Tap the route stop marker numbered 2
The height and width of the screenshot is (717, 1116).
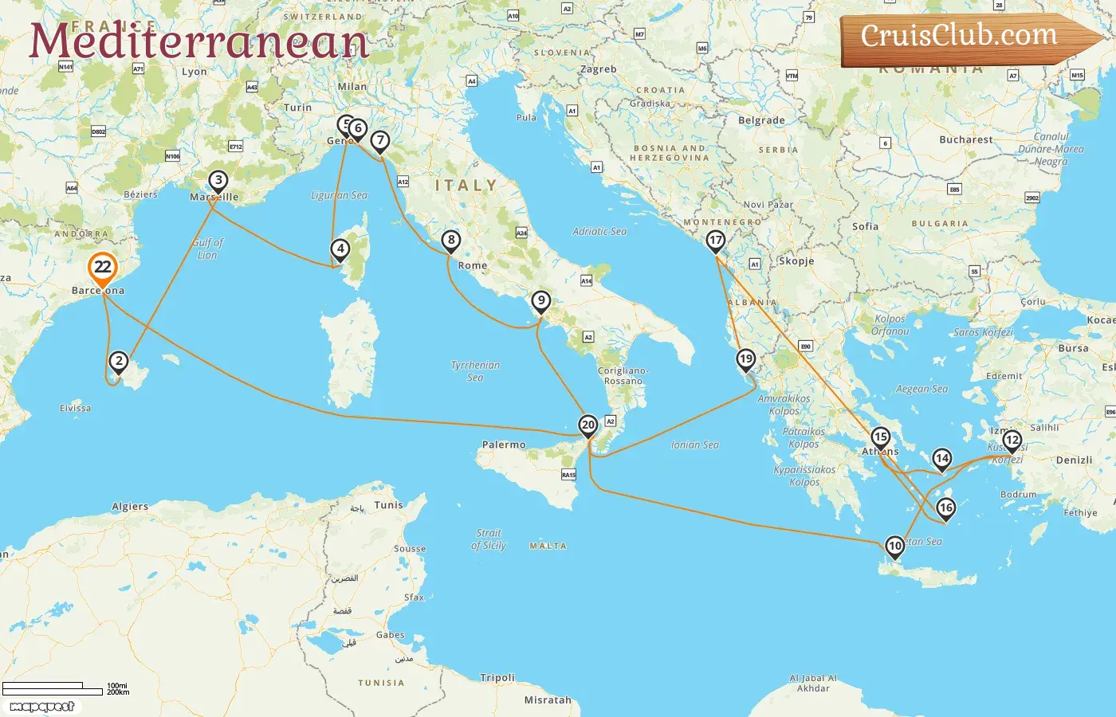(119, 362)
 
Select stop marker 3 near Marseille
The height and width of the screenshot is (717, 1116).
(218, 181)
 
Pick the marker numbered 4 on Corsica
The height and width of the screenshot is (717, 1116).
(340, 249)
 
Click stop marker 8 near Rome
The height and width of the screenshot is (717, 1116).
(451, 240)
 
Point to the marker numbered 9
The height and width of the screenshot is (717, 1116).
(541, 301)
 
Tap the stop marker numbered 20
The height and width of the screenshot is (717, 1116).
(588, 425)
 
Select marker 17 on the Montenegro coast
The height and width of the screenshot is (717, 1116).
(716, 241)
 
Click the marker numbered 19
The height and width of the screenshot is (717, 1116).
(745, 359)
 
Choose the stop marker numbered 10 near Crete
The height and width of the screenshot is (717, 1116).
(895, 547)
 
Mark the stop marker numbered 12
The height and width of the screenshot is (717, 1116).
(1012, 440)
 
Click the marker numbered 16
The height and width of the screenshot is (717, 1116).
(945, 508)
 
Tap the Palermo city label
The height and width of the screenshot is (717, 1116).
(504, 445)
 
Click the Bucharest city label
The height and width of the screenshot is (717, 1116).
(966, 139)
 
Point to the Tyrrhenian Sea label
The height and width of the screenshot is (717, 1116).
(475, 371)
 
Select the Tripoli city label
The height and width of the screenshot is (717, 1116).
(497, 678)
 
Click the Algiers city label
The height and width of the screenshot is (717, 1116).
(130, 507)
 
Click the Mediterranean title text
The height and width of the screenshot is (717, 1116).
(198, 41)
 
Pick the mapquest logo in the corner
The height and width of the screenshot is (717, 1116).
(41, 707)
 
